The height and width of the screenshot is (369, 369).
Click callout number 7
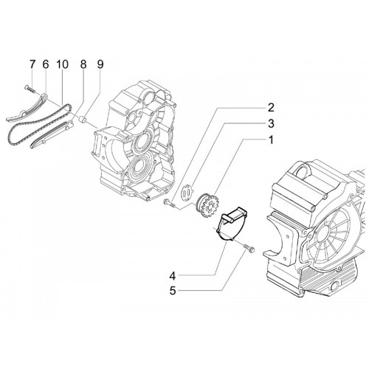(32, 65)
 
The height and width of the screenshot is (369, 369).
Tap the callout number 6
(46, 65)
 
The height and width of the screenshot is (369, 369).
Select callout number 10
(62, 65)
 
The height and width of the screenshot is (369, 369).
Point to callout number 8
(83, 65)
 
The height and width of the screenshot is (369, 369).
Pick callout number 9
(100, 65)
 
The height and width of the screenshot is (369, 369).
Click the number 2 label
(271, 108)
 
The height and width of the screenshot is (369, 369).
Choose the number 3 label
(271, 124)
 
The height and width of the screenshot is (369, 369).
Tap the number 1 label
(271, 140)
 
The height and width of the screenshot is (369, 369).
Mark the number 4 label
(173, 276)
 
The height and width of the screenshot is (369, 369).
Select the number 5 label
(173, 291)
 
